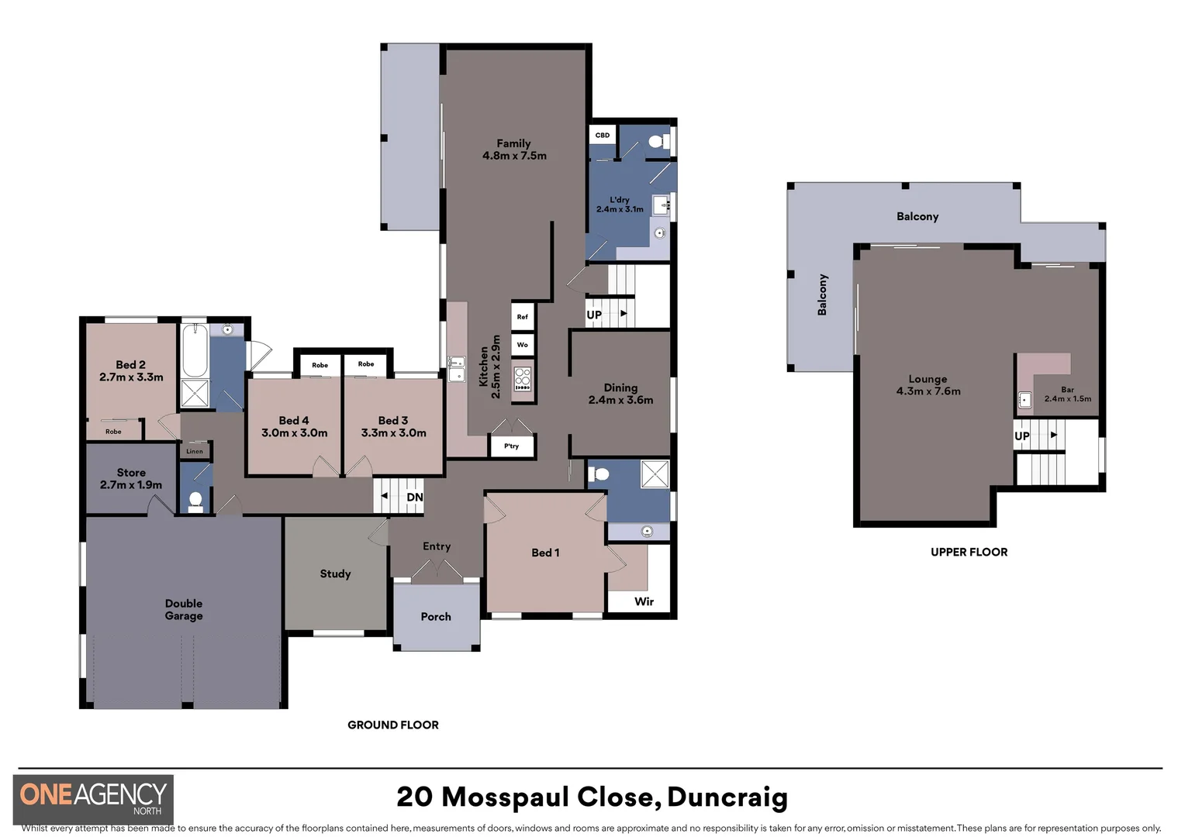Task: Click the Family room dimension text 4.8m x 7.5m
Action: (x=514, y=156)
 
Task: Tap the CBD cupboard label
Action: (x=603, y=135)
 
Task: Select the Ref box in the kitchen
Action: (x=522, y=317)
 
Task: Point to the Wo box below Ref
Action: (x=522, y=345)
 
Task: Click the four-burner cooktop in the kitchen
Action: (x=523, y=378)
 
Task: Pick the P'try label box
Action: (x=512, y=446)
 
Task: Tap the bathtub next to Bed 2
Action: (x=194, y=351)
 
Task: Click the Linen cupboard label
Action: (x=195, y=451)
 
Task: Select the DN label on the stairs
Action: (x=415, y=498)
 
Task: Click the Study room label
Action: (x=335, y=573)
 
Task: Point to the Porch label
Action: (x=436, y=617)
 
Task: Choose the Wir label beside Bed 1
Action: (x=644, y=601)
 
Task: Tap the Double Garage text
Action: (x=184, y=610)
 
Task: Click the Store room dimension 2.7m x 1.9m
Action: (x=131, y=485)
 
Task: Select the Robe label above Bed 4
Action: (x=320, y=365)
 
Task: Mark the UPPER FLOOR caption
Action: (x=969, y=552)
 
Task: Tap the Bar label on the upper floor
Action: (x=1068, y=390)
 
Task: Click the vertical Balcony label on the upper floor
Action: (x=823, y=294)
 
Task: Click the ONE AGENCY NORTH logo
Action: (x=94, y=798)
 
